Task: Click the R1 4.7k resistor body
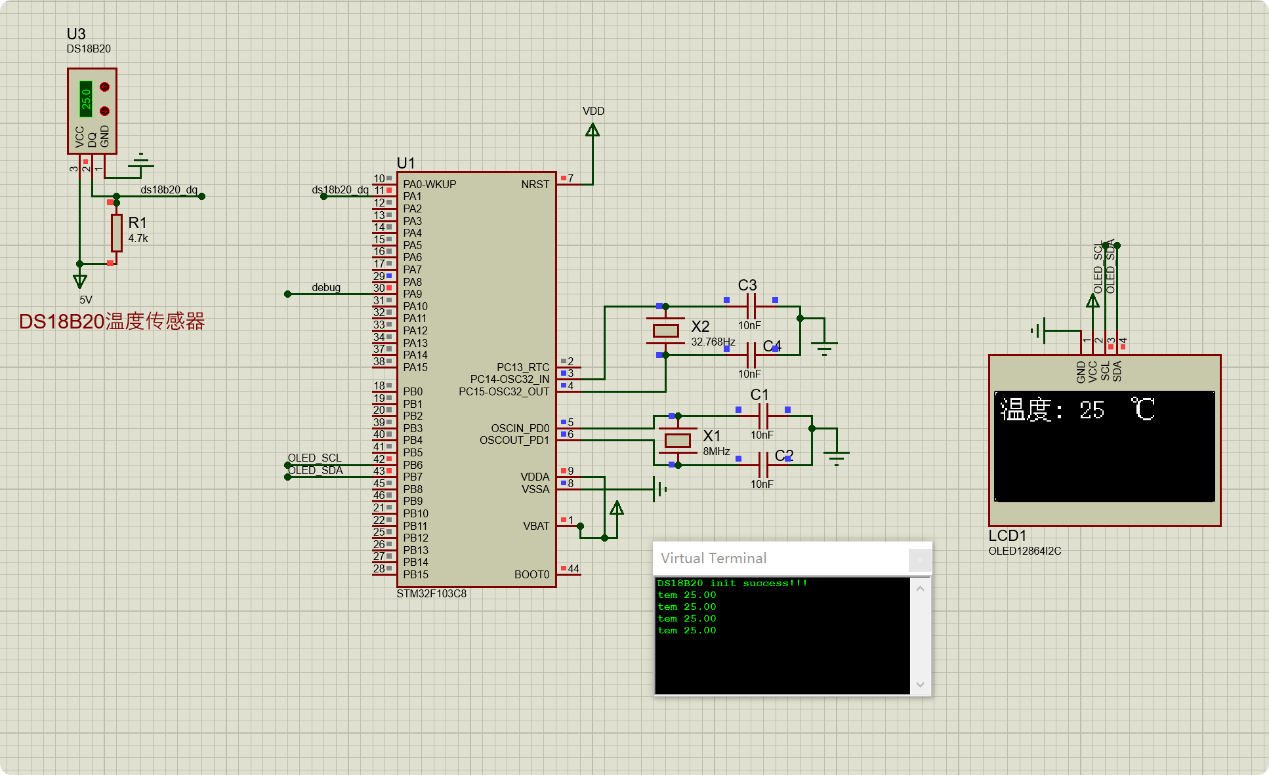(x=117, y=233)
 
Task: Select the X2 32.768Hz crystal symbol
(x=665, y=331)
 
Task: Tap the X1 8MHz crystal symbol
(x=677, y=441)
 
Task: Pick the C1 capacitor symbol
(x=763, y=416)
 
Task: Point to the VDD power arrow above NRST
(x=593, y=130)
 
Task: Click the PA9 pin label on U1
(x=412, y=294)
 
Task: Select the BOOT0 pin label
(x=531, y=575)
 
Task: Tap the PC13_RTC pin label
(x=522, y=367)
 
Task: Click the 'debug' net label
(x=325, y=287)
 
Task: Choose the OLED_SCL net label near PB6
(x=314, y=458)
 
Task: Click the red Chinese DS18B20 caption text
(x=112, y=321)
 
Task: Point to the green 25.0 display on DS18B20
(x=86, y=99)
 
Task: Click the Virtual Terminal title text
(x=713, y=559)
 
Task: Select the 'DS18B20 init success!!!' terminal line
(x=732, y=583)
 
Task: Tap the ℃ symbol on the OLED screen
(x=1143, y=409)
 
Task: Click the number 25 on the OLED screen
(x=1092, y=410)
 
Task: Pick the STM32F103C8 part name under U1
(x=431, y=594)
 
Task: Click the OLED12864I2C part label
(x=1024, y=551)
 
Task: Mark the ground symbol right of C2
(x=836, y=456)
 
